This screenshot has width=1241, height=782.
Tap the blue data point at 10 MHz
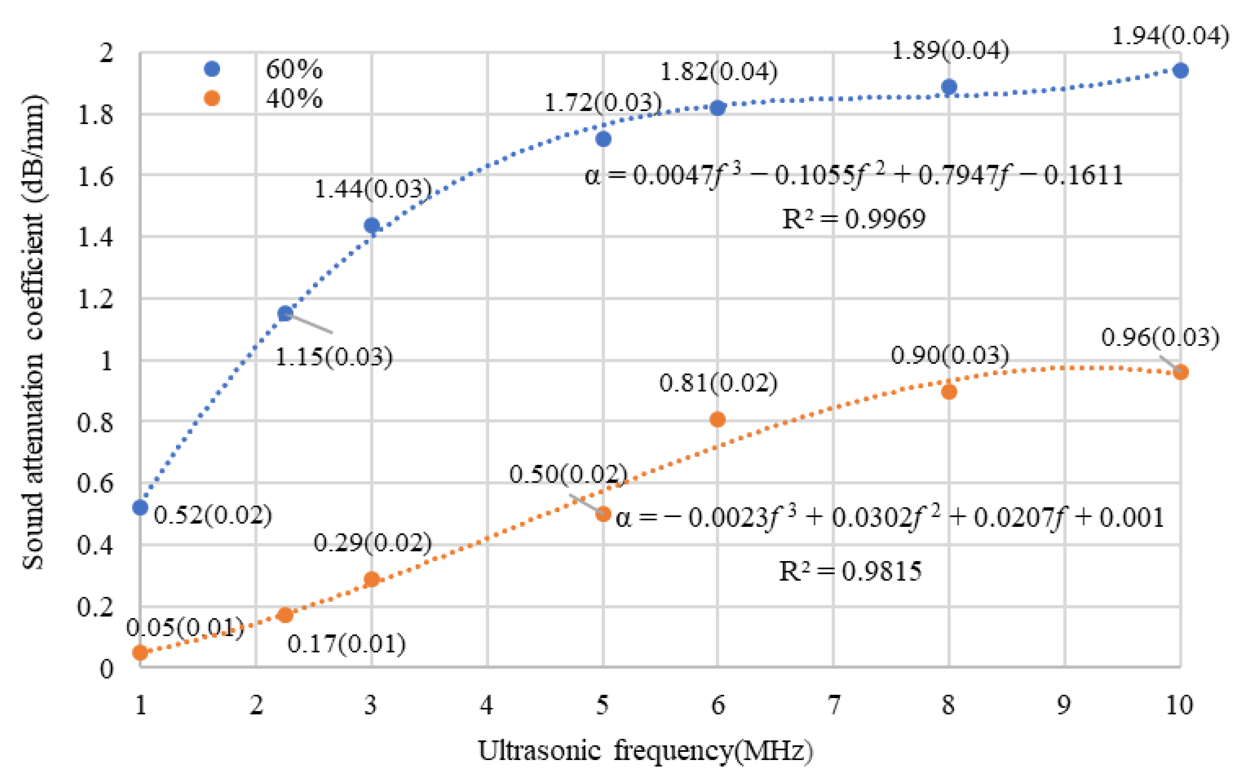(1181, 70)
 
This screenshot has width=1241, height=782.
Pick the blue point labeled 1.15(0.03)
(285, 313)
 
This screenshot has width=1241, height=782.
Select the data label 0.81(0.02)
(718, 383)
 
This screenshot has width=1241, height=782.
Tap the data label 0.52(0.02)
(213, 515)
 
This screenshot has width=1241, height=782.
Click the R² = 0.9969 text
(853, 219)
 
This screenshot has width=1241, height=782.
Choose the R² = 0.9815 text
(850, 571)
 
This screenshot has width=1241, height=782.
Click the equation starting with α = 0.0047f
(853, 175)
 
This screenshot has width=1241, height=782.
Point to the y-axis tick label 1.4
(95, 238)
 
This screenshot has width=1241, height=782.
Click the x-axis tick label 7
(833, 704)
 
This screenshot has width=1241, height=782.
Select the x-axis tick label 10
(1179, 704)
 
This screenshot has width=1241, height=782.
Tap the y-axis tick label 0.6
(95, 483)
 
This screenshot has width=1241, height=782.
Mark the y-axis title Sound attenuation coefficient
(33, 332)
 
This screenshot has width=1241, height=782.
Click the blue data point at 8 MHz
(949, 86)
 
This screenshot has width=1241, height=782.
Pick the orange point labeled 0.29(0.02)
(371, 579)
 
